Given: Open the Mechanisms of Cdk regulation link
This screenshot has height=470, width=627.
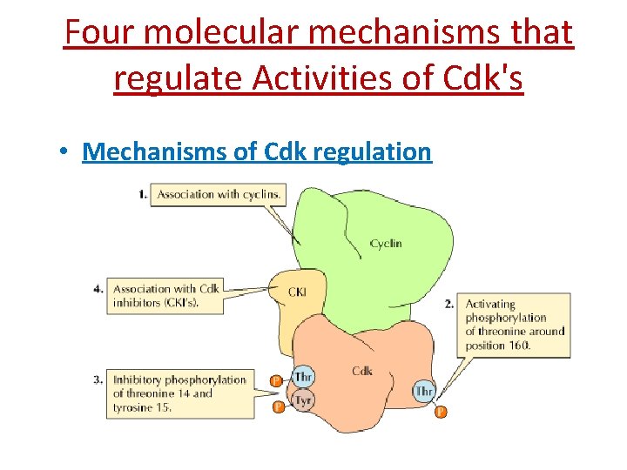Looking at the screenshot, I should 257,151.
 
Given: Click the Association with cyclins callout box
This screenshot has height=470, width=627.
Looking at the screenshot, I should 218,194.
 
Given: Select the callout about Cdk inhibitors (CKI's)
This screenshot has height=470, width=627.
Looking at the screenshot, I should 165,296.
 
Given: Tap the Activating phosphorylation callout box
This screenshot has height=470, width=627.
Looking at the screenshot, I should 515,325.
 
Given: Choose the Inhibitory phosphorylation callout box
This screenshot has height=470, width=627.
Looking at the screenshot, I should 179,393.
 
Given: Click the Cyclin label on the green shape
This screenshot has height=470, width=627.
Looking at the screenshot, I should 386,244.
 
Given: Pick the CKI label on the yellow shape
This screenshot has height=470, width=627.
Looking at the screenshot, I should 297,292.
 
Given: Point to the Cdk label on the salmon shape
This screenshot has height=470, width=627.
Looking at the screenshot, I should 362,371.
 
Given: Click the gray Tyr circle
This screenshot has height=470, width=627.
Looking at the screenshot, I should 303,399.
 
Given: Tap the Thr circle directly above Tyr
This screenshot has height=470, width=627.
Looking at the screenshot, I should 303,377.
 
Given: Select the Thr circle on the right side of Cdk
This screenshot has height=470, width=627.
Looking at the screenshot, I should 424,391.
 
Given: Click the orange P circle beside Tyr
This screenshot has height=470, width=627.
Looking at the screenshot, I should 278,406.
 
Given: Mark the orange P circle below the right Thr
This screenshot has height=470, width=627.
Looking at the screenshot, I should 440,412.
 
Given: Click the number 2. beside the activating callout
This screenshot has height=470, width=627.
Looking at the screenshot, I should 449,304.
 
